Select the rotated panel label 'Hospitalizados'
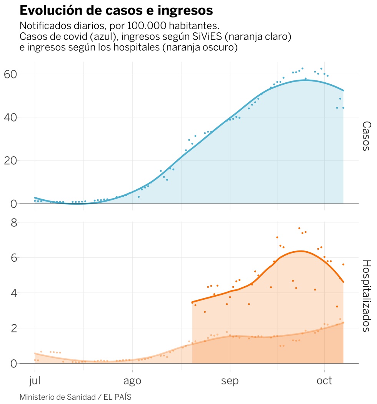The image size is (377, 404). (x=367, y=295)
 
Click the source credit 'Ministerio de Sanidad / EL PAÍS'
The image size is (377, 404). (x=75, y=397)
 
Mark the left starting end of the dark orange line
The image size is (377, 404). (x=192, y=302)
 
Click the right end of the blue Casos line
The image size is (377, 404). (x=343, y=91)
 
